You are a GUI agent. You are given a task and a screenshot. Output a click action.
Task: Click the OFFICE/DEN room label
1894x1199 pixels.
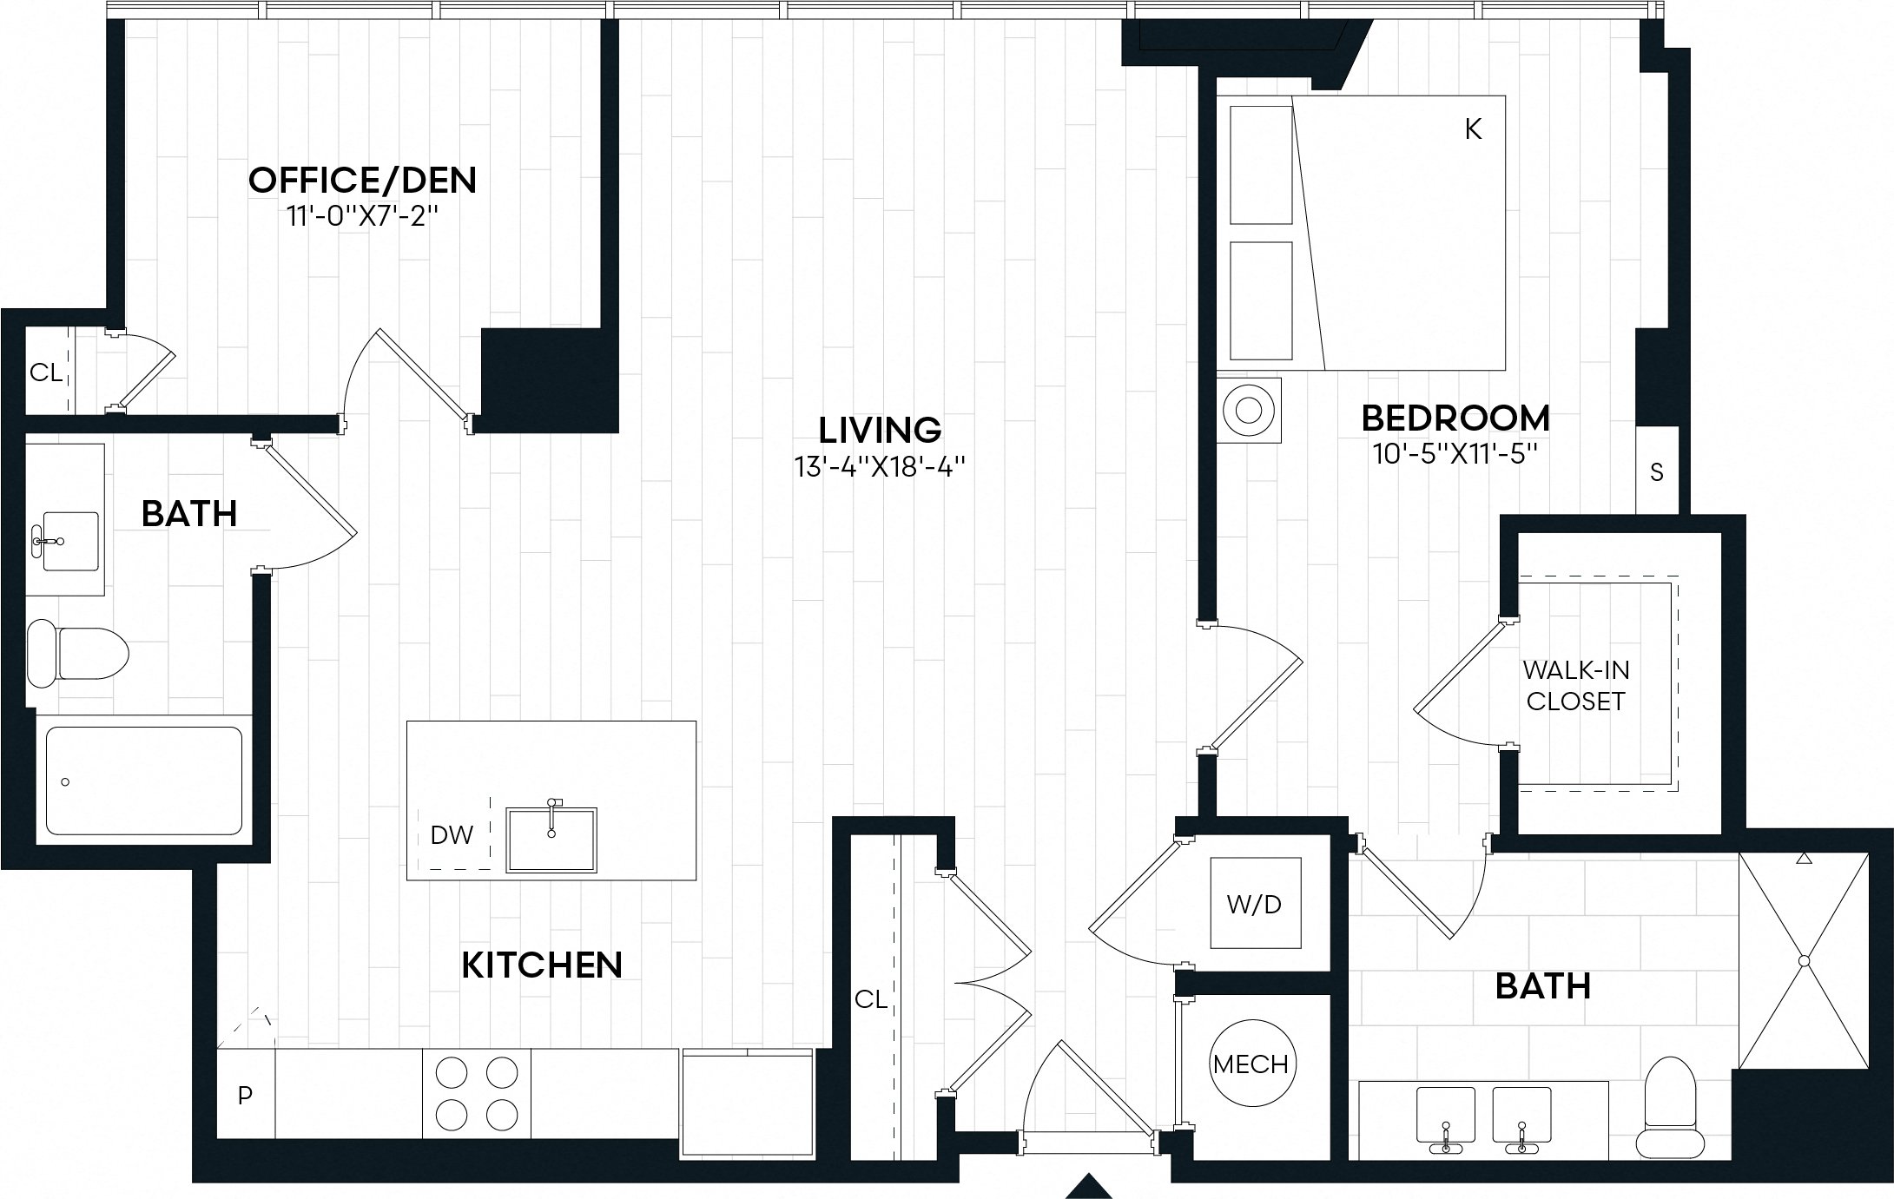click(x=362, y=181)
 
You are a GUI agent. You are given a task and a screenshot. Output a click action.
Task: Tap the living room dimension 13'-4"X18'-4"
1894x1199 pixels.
click(x=880, y=468)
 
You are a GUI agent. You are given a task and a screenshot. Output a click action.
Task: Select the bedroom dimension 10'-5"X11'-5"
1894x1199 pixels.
click(x=1455, y=455)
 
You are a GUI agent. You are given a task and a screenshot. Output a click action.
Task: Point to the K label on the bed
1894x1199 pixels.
click(x=1473, y=129)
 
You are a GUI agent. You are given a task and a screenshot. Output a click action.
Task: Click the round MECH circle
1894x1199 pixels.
click(x=1251, y=1064)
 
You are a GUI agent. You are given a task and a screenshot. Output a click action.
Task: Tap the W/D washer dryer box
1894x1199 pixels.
click(x=1255, y=904)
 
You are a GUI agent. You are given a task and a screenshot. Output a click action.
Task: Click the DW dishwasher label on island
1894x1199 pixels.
click(x=452, y=835)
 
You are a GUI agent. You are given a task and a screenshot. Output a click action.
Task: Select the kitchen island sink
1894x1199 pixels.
click(x=551, y=839)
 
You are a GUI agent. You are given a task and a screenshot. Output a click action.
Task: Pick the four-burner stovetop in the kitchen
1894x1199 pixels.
click(x=476, y=1093)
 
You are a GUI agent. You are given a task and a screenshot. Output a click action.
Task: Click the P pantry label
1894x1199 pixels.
click(x=245, y=1096)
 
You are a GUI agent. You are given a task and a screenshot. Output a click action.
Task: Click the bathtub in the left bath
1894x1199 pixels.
click(x=143, y=781)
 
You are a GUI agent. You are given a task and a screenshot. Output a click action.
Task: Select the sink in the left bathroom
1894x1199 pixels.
click(x=69, y=541)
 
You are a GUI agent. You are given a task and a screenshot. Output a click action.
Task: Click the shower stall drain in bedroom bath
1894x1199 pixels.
click(x=1804, y=961)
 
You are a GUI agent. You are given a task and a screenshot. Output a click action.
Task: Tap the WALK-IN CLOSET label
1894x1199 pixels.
click(x=1575, y=685)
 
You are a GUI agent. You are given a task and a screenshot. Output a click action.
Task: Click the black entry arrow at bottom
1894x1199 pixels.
click(x=1089, y=1186)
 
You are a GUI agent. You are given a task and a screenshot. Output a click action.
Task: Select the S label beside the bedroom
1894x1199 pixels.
click(x=1656, y=472)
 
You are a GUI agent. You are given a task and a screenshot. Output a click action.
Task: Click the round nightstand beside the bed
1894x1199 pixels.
click(x=1248, y=410)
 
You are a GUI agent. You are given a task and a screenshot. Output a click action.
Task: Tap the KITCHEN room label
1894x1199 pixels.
click(x=541, y=965)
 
